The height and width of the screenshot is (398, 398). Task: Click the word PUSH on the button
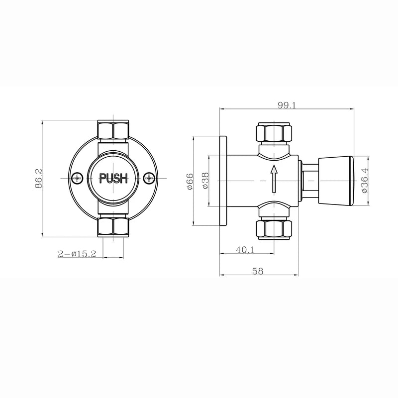click(114, 178)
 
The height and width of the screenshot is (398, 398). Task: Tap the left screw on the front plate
click(77, 178)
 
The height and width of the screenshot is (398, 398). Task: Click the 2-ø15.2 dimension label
click(77, 254)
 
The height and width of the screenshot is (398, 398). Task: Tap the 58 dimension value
click(257, 271)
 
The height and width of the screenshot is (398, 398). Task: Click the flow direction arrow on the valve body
click(273, 179)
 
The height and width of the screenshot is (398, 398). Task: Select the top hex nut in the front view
click(113, 130)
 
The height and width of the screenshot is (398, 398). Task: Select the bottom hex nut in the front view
click(113, 227)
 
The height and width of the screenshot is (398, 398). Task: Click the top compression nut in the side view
click(273, 133)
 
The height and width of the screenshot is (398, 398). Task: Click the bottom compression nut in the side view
click(273, 228)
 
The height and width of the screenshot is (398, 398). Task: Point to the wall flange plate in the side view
click(223, 180)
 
